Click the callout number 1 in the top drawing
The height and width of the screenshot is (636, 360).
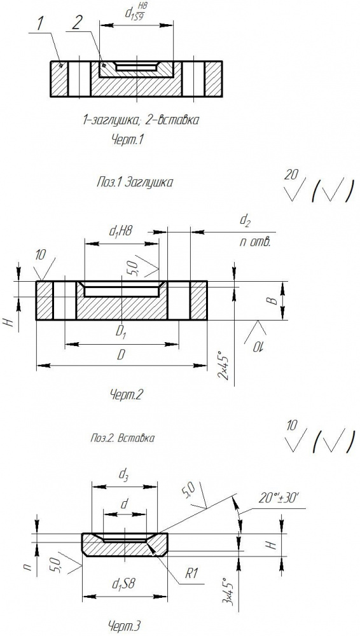coord(40,24)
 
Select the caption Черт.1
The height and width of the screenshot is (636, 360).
coord(128,140)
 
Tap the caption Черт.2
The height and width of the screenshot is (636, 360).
coord(127,394)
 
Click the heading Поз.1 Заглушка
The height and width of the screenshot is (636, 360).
coord(135,183)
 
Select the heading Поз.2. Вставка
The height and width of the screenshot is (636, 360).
coord(122,438)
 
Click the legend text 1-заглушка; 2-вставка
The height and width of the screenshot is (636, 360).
coord(141,120)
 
